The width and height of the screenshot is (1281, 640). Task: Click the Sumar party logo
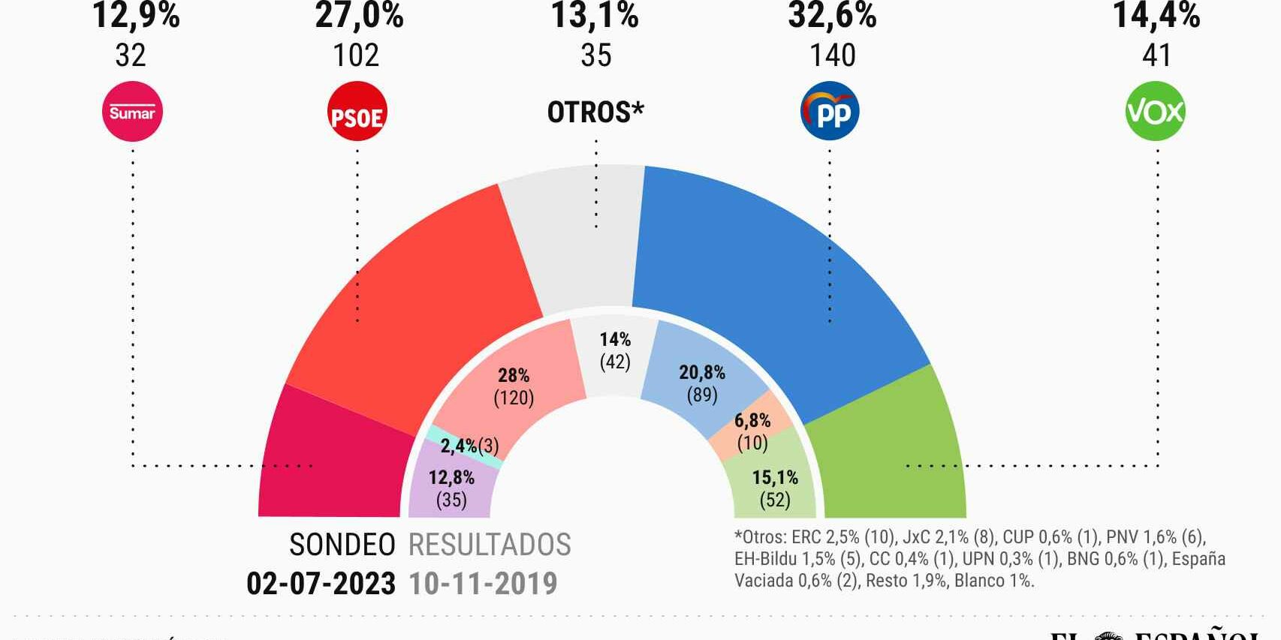(132, 112)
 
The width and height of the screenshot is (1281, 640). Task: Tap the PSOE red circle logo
(357, 112)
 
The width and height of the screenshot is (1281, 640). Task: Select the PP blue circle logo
(830, 112)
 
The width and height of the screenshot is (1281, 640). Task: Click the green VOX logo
(1156, 112)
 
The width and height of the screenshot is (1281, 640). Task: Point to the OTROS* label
(595, 113)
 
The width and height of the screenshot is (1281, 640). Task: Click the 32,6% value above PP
(832, 15)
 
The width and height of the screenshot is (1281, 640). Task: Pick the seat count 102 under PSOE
(356, 56)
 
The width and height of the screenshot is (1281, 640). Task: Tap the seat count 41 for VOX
(1156, 56)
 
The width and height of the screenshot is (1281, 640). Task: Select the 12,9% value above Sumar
(136, 15)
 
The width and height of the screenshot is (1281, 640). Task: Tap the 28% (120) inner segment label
(514, 386)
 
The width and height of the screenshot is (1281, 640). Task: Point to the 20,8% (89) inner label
(702, 383)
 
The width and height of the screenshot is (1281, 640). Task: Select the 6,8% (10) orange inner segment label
(752, 431)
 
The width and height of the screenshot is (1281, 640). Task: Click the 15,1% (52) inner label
(775, 488)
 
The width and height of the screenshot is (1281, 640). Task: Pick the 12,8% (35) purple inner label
(451, 488)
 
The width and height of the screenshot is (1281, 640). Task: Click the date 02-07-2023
(321, 584)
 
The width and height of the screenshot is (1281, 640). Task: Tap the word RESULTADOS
(490, 545)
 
